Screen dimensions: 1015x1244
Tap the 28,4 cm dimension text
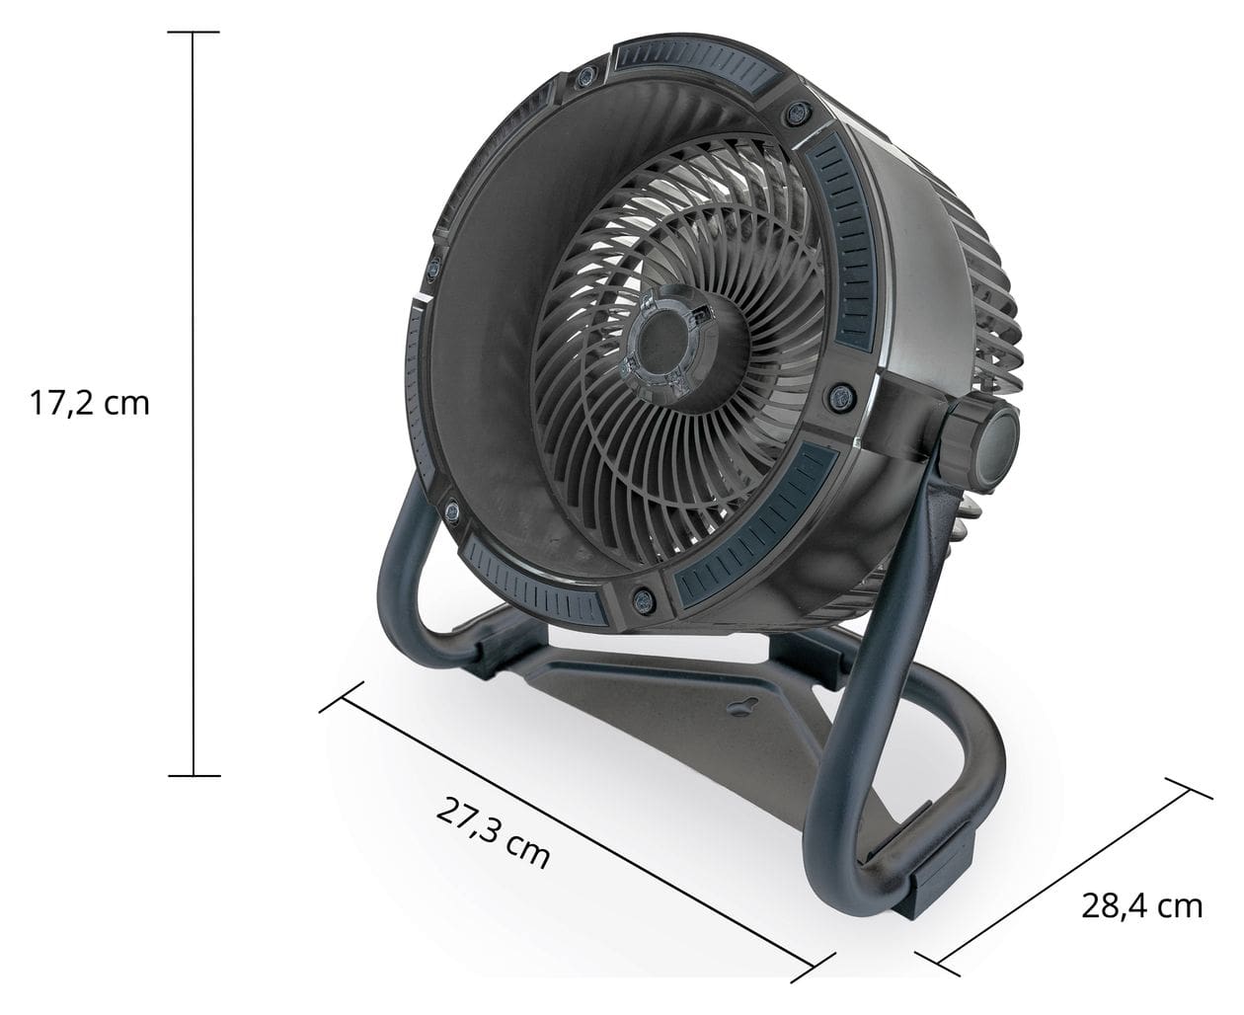tap(1142, 905)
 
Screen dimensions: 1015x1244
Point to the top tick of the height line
tap(193, 33)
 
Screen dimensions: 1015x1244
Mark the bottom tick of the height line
tap(193, 776)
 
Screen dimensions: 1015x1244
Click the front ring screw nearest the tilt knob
tap(842, 395)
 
